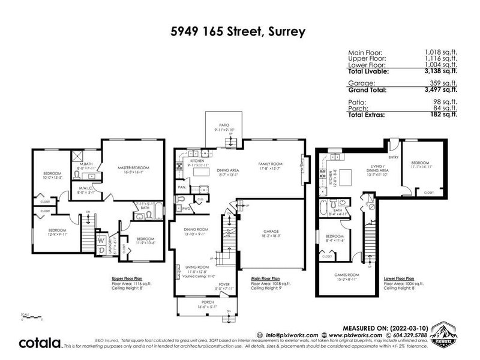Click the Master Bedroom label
coord(133,167)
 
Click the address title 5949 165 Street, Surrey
coord(239,28)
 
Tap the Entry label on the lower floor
coord(393,141)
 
